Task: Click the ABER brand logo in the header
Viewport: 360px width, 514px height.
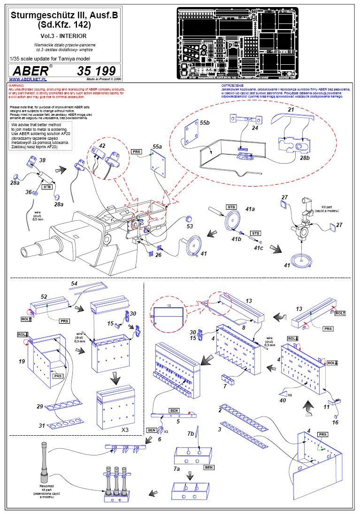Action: (31, 71)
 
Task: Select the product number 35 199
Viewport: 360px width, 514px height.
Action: (96, 71)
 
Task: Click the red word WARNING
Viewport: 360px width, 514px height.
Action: (17, 86)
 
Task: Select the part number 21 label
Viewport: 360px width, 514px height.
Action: (291, 110)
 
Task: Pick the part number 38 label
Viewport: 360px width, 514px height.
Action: (42, 160)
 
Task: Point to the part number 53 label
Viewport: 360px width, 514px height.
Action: (190, 227)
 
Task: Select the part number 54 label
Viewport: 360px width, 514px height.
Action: (74, 284)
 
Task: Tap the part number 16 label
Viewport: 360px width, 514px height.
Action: (335, 423)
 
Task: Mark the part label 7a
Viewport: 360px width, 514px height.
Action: (176, 469)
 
